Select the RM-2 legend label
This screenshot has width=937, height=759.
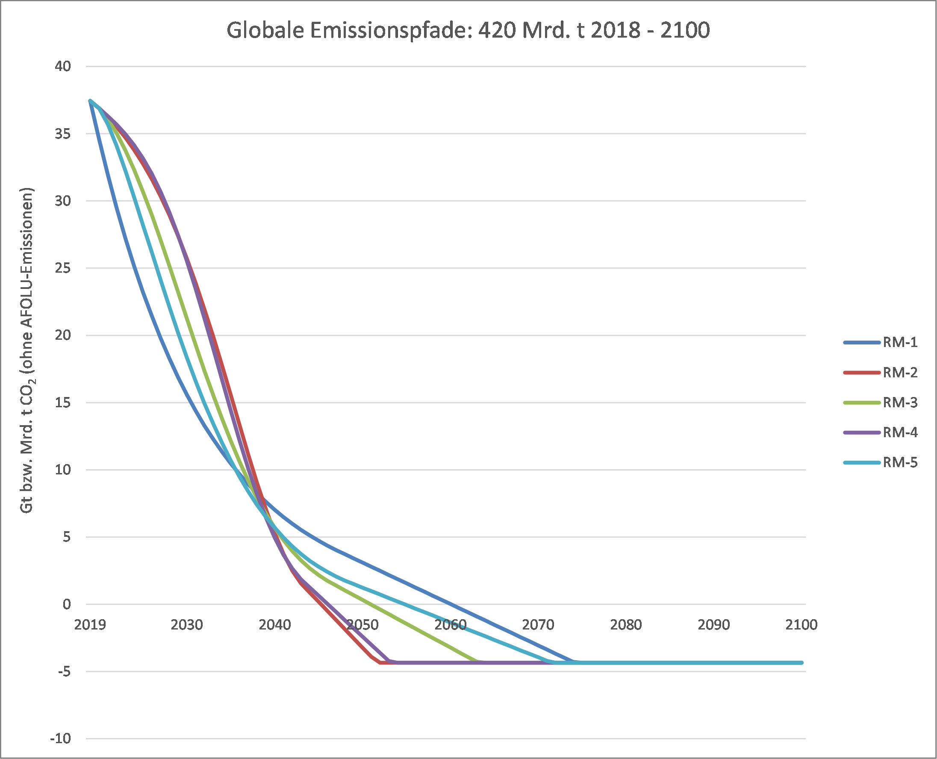899,373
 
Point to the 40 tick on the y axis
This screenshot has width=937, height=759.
62,67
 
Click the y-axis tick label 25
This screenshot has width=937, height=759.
62,268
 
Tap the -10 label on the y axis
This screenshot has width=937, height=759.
60,739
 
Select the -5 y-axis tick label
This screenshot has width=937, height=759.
64,671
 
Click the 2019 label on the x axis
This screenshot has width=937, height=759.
90,625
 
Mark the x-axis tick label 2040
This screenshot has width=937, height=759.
274,625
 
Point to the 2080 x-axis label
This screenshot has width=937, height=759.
626,625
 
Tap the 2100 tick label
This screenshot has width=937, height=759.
801,625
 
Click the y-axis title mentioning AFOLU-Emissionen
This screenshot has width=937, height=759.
27,350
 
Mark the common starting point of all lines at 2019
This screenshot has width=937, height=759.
90,100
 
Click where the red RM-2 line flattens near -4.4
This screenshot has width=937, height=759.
380,663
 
